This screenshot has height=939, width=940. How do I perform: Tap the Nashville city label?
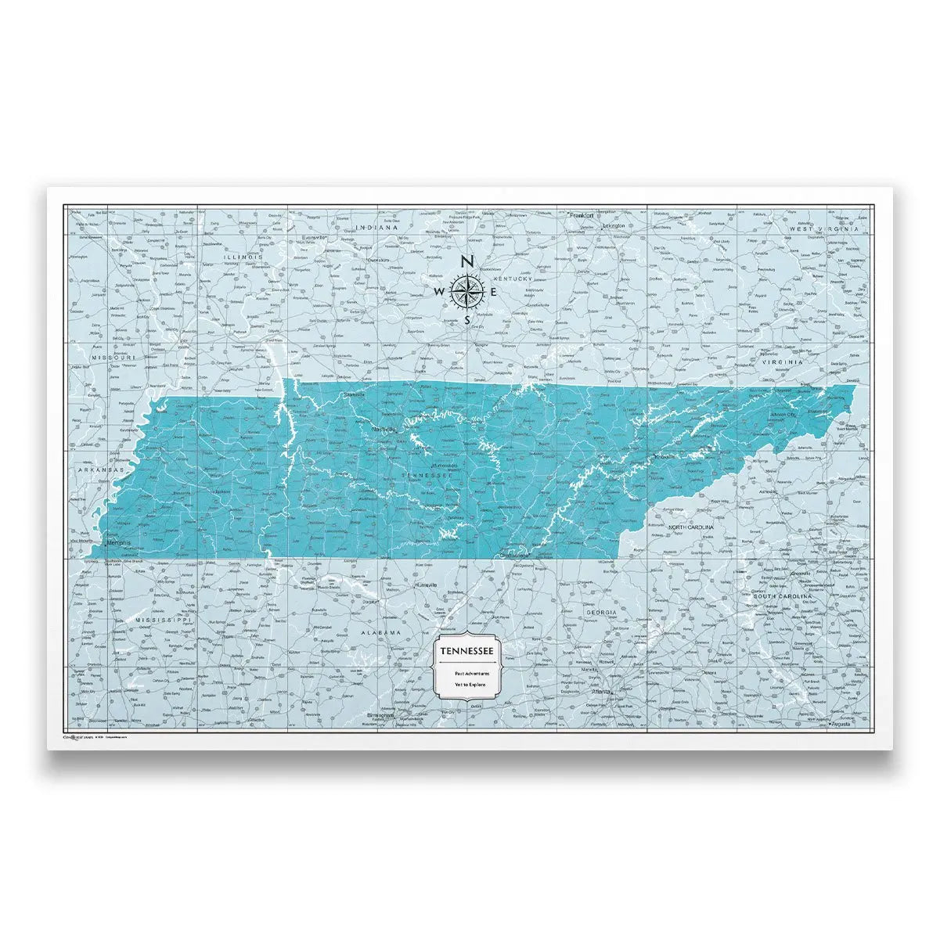(x=385, y=429)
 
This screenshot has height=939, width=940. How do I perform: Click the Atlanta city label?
(x=601, y=691)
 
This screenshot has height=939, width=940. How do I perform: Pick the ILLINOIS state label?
(x=243, y=257)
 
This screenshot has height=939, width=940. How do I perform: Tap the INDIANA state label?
(x=377, y=228)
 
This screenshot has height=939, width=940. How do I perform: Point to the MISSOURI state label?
(x=114, y=357)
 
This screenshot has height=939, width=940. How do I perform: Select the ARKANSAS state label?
(x=102, y=469)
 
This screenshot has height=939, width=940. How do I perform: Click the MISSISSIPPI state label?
(x=164, y=619)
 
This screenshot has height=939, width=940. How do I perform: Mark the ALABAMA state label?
(x=380, y=631)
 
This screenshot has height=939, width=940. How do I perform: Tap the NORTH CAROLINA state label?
(x=691, y=528)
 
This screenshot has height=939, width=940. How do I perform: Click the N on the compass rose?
(x=467, y=262)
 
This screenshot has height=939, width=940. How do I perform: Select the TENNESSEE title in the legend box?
(x=466, y=651)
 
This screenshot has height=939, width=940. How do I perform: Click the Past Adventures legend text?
(x=466, y=673)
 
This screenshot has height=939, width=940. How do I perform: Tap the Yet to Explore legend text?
(x=466, y=685)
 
